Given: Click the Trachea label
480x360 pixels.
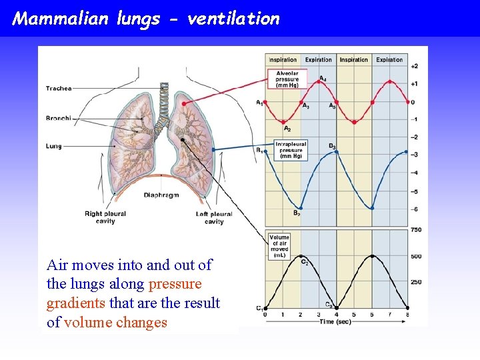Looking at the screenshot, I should pyautogui.click(x=59, y=89).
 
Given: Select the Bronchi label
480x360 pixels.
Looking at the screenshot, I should pyautogui.click(x=59, y=119).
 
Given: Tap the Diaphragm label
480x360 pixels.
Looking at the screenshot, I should pyautogui.click(x=163, y=195).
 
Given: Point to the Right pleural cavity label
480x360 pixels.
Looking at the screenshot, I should pyautogui.click(x=105, y=217).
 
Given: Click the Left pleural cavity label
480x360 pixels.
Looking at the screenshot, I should pyautogui.click(x=214, y=217).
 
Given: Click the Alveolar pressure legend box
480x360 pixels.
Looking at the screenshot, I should pyautogui.click(x=287, y=79).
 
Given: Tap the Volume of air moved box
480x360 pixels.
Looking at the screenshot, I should pyautogui.click(x=279, y=245).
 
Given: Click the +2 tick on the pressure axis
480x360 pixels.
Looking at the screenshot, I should pyautogui.click(x=414, y=66).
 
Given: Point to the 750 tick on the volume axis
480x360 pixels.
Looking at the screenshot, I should pyautogui.click(x=416, y=230).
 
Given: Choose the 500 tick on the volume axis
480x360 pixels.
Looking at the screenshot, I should pyautogui.click(x=416, y=257).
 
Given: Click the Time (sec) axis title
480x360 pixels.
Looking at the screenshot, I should pyautogui.click(x=336, y=321).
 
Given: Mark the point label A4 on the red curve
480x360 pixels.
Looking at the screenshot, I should pyautogui.click(x=323, y=79).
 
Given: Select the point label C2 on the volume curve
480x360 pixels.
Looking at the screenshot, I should pyautogui.click(x=305, y=262).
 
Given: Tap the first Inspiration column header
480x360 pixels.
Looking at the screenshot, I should pyautogui.click(x=283, y=59).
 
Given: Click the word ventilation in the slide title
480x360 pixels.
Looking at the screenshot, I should pyautogui.click(x=233, y=18).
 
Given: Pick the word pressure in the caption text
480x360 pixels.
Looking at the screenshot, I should pyautogui.click(x=175, y=284).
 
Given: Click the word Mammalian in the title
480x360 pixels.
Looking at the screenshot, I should pyautogui.click(x=60, y=18).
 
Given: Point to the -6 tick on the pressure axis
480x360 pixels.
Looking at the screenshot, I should pyautogui.click(x=414, y=209).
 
